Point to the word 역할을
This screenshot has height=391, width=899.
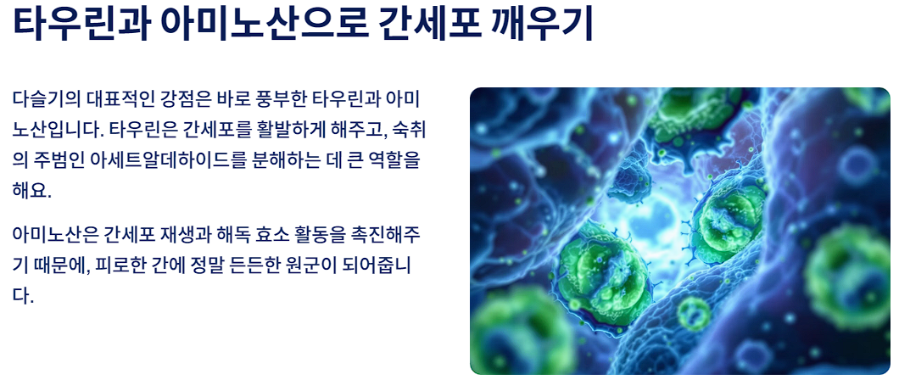click(393, 160)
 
